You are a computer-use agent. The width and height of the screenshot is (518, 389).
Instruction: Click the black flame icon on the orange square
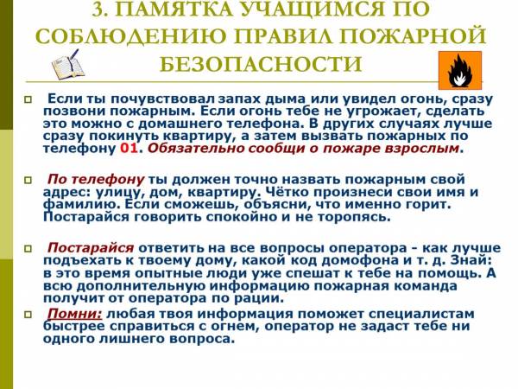coord(459,71)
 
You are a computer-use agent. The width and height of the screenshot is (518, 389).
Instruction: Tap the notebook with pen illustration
coord(67,65)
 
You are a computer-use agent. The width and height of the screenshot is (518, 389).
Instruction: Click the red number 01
coord(128,148)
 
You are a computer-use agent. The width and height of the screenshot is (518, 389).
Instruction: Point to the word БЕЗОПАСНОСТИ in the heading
coord(261,64)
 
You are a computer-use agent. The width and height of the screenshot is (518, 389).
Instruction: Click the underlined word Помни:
coord(74,313)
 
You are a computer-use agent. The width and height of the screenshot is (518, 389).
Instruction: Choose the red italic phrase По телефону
coord(96,180)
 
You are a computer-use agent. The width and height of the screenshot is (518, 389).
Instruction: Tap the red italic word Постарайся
coord(91,248)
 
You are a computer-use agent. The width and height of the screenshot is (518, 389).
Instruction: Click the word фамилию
coord(81,205)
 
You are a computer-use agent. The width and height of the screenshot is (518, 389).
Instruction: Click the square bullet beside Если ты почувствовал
coord(28,99)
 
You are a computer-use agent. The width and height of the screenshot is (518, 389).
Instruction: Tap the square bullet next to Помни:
coord(28,314)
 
